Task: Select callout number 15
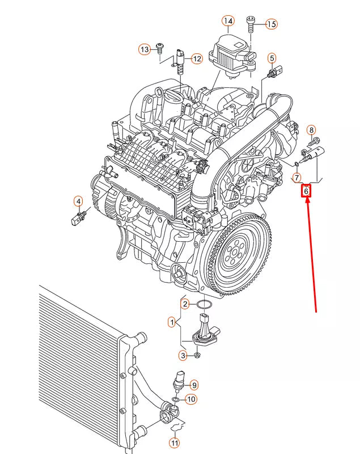pos(271,24)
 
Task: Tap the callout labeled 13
pos(145,49)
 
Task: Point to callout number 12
pos(196,58)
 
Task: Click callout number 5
pos(272,58)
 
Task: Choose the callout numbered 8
pos(311,131)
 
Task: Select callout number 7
pos(296,178)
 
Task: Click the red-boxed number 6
pos(306,192)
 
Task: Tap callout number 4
pos(78,200)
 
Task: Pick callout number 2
pos(185,304)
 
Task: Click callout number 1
pos(171,322)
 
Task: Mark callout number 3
pos(183,355)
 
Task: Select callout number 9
pos(193,385)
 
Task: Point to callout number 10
pos(192,399)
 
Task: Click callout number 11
pos(175,442)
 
